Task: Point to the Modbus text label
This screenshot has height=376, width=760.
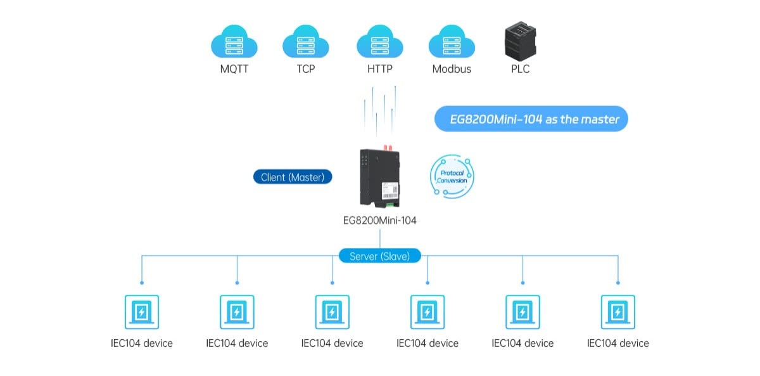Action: pos(452,69)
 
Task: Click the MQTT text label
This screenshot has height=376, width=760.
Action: pos(234,69)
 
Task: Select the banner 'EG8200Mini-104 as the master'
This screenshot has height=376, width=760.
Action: pos(531,119)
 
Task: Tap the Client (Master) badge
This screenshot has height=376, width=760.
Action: pos(293,178)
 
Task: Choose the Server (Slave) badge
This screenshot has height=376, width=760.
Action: pos(380,256)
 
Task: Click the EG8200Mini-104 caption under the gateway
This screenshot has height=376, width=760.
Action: pos(380,221)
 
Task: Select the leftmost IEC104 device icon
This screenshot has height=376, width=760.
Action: pos(142,312)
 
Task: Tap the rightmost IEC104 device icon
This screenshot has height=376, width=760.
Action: pos(617,312)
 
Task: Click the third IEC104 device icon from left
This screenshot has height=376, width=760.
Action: pos(332,312)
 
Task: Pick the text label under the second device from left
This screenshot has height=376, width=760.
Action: pos(237,343)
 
